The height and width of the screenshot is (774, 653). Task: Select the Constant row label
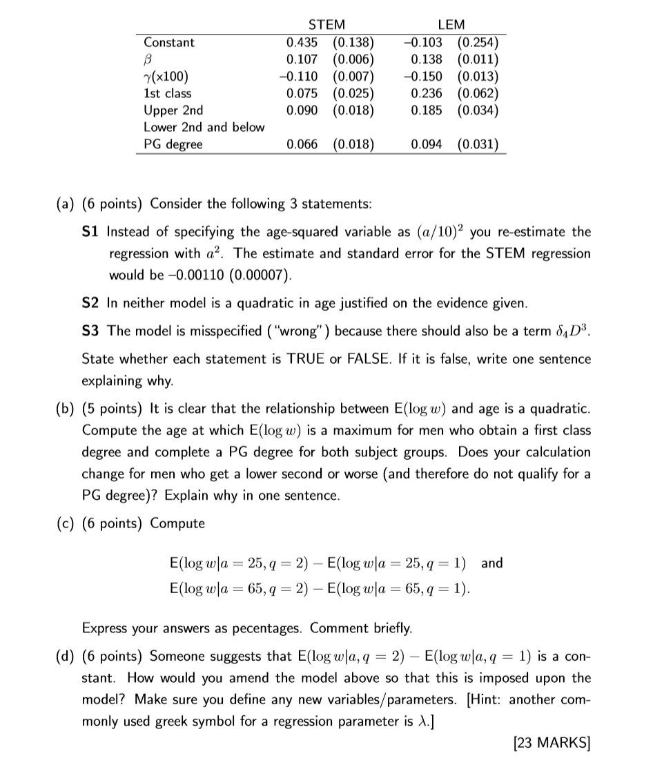click(x=169, y=43)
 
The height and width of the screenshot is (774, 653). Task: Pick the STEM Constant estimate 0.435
click(x=301, y=43)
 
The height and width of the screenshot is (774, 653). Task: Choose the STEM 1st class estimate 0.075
click(x=301, y=93)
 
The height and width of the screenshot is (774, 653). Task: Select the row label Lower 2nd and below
click(x=204, y=127)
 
